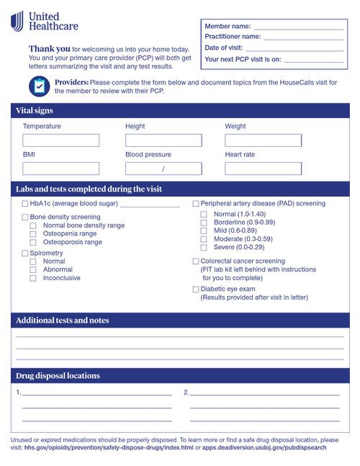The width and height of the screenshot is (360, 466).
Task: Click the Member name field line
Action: click(298, 28)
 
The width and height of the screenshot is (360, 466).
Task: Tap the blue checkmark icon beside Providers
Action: click(39, 86)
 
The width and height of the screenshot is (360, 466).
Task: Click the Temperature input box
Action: click(60, 140)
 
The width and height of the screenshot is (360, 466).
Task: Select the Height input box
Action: click(163, 140)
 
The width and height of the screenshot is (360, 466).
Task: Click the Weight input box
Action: click(263, 140)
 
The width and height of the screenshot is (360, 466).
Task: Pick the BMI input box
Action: click(60, 169)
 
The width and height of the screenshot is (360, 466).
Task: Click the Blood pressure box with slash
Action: click(163, 169)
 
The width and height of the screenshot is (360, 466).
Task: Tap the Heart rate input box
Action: click(263, 169)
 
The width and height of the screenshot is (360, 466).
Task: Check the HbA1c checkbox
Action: click(25, 205)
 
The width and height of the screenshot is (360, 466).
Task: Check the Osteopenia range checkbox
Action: click(33, 234)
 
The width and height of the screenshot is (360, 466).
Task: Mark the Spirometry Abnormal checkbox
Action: click(33, 269)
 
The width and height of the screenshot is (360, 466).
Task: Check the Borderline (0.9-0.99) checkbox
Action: click(204, 223)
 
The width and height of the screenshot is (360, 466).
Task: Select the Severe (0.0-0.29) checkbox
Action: click(204, 247)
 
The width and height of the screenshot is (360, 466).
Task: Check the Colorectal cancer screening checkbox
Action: click(196, 261)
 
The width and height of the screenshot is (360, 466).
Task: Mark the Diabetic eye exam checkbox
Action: click(196, 290)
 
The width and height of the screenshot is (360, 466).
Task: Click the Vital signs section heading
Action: click(35, 111)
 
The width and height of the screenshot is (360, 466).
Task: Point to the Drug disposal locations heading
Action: click(58, 376)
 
